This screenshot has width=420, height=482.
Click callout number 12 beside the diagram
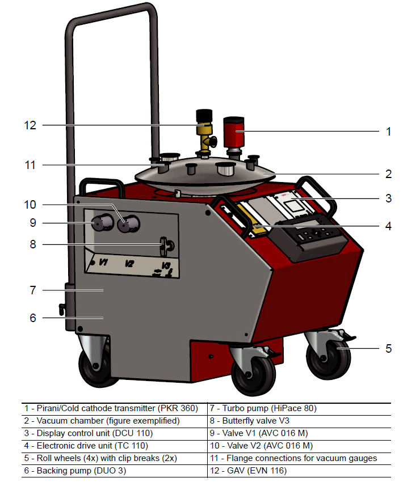point(30,125)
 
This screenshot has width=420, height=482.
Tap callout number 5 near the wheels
point(389,348)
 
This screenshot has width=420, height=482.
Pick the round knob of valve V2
point(128,225)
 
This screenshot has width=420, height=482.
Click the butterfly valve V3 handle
point(164,246)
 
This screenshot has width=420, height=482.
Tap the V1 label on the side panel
point(103,263)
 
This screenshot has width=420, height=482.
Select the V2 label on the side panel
point(129,264)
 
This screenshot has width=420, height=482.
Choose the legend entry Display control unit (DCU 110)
point(89,433)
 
